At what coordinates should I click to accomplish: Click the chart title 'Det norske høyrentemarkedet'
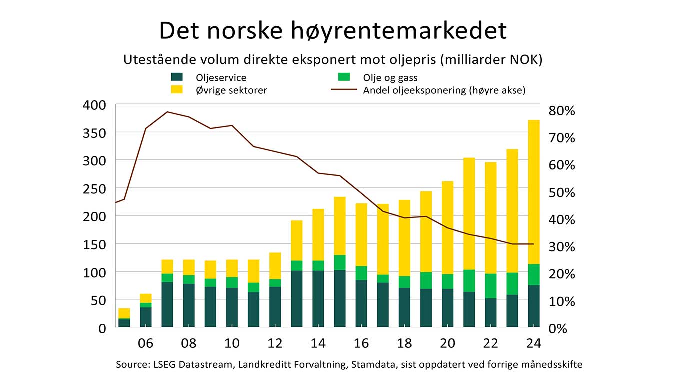point(333,30)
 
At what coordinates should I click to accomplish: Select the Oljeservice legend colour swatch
point(177,77)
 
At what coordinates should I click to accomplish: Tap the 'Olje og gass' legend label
point(390,77)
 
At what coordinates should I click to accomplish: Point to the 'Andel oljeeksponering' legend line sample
point(343,90)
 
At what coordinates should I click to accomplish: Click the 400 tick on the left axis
point(94,105)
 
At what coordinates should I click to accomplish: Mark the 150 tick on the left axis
point(94,244)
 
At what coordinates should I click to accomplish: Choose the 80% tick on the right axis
point(562,111)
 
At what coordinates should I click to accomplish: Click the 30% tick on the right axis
point(562,247)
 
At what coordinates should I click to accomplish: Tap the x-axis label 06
point(145,344)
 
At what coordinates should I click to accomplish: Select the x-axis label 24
point(534,344)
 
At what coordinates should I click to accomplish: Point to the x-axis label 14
point(318,344)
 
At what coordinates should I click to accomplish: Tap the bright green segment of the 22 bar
point(491,286)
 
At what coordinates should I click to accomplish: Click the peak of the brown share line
point(167,112)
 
